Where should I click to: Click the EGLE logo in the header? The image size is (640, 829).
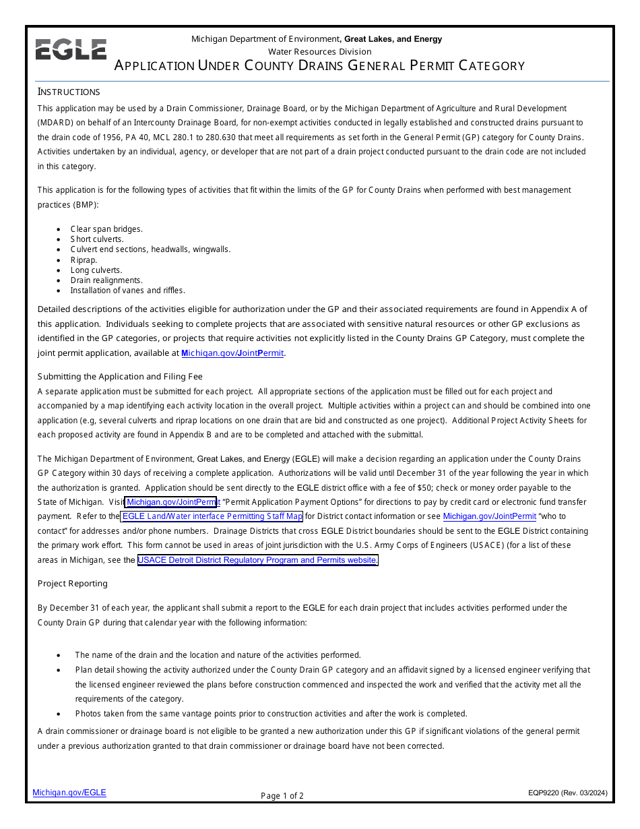pyautogui.click(x=71, y=50)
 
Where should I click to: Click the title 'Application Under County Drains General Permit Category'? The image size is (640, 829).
pyautogui.click(x=319, y=66)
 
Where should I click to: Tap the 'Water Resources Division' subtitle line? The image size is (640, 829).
pyautogui.click(x=319, y=52)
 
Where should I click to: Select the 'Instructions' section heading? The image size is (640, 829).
pyautogui.click(x=69, y=92)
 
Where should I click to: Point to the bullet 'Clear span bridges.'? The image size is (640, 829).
pyautogui.click(x=106, y=229)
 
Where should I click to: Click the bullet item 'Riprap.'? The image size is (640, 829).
pyautogui.click(x=84, y=260)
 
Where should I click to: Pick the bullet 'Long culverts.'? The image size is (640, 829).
pyautogui.click(x=96, y=270)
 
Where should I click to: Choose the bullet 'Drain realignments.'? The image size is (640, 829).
pyautogui.click(x=106, y=280)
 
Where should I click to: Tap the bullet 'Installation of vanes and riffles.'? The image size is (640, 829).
pyautogui.click(x=127, y=290)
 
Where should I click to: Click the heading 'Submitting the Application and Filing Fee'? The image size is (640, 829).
pyautogui.click(x=120, y=377)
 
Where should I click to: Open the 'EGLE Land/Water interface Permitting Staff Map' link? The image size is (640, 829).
pyautogui.click(x=212, y=517)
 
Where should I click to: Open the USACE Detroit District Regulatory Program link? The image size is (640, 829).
pyautogui.click(x=257, y=560)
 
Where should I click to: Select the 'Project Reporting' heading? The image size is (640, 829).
pyautogui.click(x=73, y=584)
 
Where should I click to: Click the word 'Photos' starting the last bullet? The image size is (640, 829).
pyautogui.click(x=88, y=714)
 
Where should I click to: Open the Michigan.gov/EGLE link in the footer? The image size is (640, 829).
pyautogui.click(x=69, y=793)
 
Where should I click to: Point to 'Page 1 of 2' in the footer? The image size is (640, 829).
pyautogui.click(x=282, y=796)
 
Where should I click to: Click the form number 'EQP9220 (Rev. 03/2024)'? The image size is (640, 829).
pyautogui.click(x=567, y=793)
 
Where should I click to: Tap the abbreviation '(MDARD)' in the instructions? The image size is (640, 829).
pyautogui.click(x=57, y=123)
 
